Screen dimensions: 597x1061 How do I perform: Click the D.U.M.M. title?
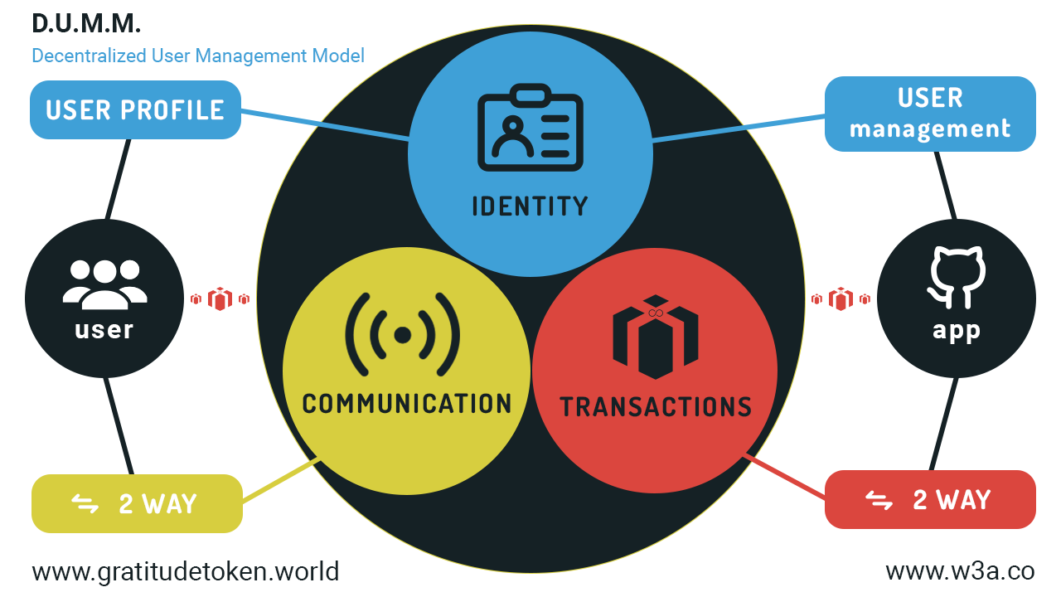(86, 23)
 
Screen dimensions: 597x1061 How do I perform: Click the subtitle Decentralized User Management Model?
(198, 56)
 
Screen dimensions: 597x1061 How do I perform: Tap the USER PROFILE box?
(135, 109)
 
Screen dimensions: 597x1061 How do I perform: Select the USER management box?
(930, 114)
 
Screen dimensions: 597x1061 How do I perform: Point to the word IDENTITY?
(530, 205)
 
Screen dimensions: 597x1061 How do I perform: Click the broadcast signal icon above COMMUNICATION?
(403, 334)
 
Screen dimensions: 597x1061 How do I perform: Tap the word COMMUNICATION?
(407, 404)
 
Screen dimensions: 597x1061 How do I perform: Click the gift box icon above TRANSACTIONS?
(656, 336)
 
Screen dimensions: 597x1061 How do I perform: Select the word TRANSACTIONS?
(656, 407)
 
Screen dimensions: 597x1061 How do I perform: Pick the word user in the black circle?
(104, 330)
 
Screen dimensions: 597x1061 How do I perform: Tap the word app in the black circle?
(957, 331)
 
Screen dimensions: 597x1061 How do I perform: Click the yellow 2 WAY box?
(137, 503)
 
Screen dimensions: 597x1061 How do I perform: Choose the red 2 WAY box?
(930, 499)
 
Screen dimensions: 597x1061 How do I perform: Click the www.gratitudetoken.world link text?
(186, 571)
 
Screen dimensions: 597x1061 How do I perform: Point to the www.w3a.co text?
(960, 571)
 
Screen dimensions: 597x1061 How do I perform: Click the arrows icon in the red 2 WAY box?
(879, 500)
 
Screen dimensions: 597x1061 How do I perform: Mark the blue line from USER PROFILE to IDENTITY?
(325, 124)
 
